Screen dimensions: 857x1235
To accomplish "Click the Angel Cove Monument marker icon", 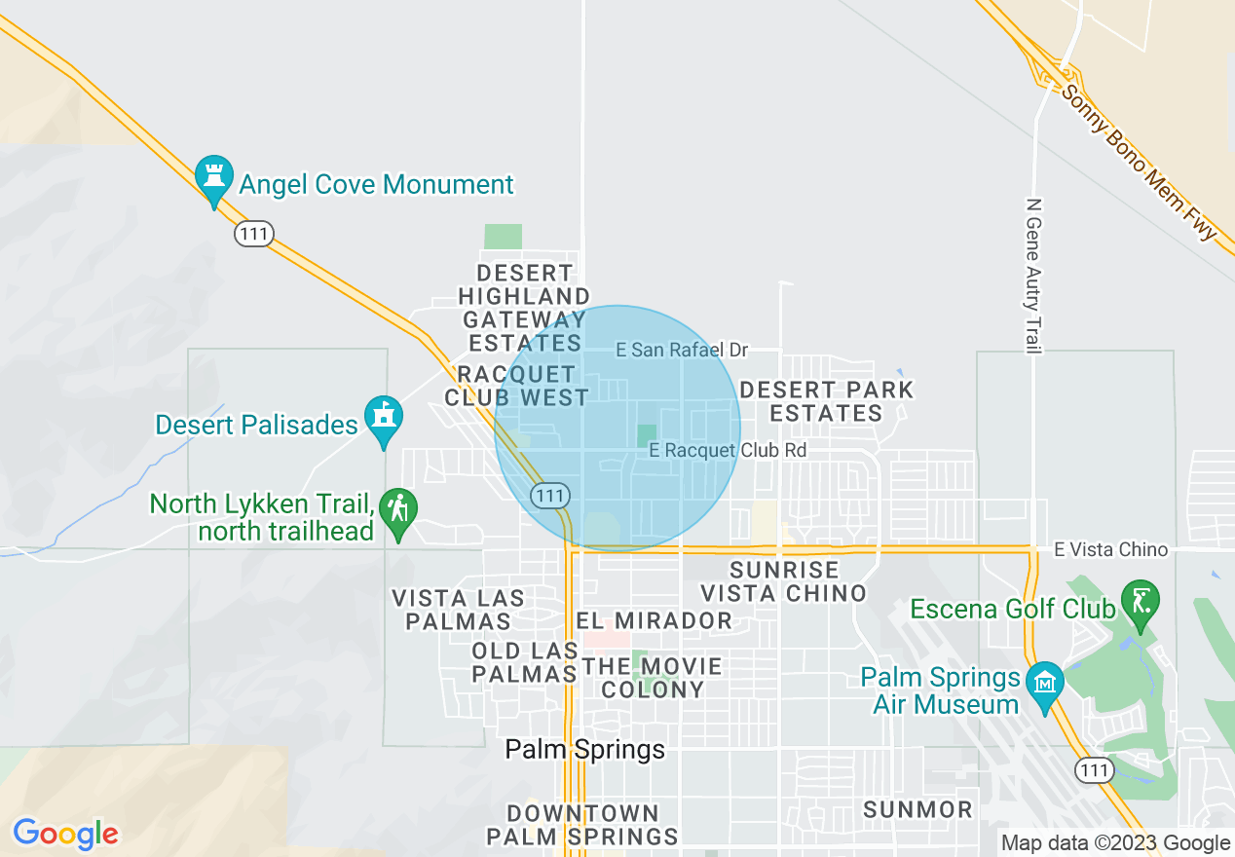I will tap(213, 178).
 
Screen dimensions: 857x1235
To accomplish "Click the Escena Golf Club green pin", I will tap(1140, 601).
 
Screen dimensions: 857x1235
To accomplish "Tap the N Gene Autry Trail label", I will tap(1033, 276).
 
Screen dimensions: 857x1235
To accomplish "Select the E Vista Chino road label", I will tap(1110, 550).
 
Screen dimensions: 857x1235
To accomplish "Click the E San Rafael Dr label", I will tap(682, 350).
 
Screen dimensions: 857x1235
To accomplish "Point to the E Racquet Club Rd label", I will tap(728, 450).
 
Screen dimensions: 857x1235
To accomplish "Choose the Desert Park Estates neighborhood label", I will tap(826, 401).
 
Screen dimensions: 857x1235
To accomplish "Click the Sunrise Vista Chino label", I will tap(783, 581).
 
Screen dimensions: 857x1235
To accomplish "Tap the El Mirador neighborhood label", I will tap(654, 620).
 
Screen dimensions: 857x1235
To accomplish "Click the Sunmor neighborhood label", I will tap(917, 809).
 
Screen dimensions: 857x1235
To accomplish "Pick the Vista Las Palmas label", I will tap(458, 609).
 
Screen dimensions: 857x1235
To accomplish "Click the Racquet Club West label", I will tap(516, 386).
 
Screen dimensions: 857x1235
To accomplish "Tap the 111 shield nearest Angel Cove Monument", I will tap(253, 234).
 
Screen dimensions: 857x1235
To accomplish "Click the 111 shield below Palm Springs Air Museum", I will tap(1095, 770).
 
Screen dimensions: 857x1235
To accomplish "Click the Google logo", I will tap(66, 834).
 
